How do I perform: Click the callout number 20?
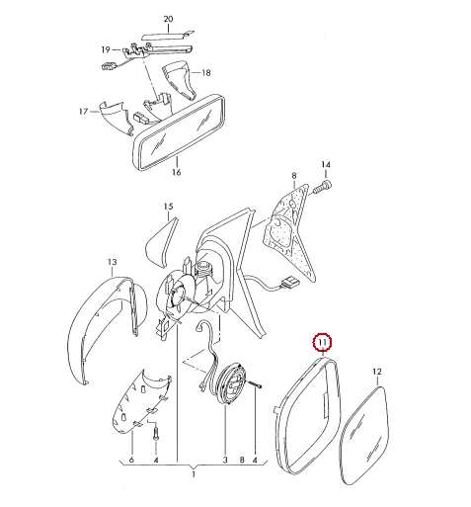[x=168, y=19]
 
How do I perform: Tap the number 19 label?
[x=106, y=49]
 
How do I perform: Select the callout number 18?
[x=206, y=73]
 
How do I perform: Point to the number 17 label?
[x=84, y=112]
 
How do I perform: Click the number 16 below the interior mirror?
[x=177, y=172]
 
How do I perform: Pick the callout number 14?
[x=326, y=164]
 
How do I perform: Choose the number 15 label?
[x=168, y=207]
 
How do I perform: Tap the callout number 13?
[x=113, y=262]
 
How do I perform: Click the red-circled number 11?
[x=323, y=343]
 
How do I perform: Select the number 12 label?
[x=377, y=372]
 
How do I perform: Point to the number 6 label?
[x=131, y=460]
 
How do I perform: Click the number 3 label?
[x=225, y=460]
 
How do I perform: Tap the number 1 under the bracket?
[x=194, y=474]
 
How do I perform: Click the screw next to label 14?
[x=322, y=187]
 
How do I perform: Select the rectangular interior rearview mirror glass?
[x=180, y=131]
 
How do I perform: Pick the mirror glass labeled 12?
[x=366, y=435]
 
